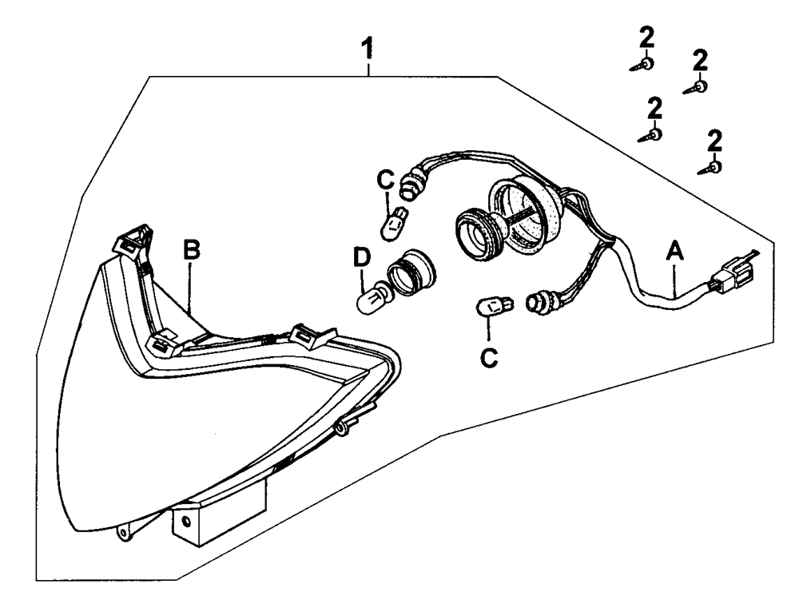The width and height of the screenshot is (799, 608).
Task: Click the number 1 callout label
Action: tap(368, 50)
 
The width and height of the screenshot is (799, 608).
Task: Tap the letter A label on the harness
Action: tap(674, 252)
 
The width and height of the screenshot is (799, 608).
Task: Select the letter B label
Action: tap(192, 250)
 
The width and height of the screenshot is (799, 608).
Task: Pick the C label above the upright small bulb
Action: tap(385, 180)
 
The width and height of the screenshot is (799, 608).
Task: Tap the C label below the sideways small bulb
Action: tap(489, 358)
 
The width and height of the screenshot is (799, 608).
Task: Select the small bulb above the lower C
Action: tap(495, 307)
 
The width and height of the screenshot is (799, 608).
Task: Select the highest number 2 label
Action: tap(646, 38)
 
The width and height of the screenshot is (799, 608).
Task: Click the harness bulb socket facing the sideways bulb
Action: tap(539, 301)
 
